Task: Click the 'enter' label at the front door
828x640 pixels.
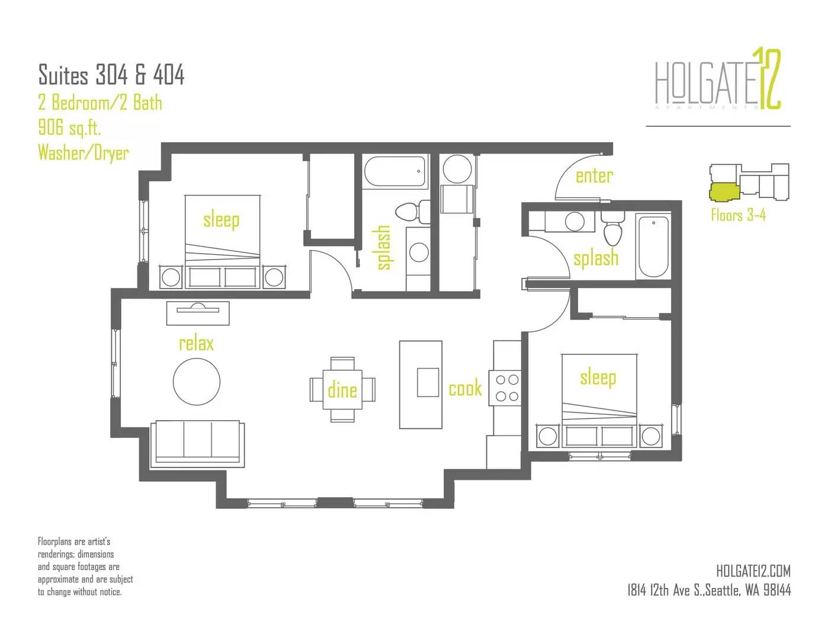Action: coord(593,176)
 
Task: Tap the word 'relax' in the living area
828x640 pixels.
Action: coord(196,343)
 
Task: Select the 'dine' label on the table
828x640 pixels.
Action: coord(342,390)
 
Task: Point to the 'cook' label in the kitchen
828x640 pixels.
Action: coord(465,388)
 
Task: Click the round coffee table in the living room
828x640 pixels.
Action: coord(196,381)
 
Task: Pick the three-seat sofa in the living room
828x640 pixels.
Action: coord(197,444)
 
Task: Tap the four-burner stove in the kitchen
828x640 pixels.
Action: coord(505,388)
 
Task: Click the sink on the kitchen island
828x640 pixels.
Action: coord(428,382)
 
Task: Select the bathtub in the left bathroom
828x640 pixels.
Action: coord(395,172)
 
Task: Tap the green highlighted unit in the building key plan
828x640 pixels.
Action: coord(724,191)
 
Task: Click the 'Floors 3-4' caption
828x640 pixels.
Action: coord(738,215)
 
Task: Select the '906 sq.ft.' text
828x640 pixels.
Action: coord(69,127)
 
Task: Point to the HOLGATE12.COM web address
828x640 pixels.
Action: coord(753,571)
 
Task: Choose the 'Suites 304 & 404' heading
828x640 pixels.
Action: coord(111,74)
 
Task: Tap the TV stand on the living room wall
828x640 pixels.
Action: coord(198,313)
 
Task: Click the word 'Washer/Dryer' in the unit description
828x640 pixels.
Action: coord(84,153)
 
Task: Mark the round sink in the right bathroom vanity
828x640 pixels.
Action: coord(575,221)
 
